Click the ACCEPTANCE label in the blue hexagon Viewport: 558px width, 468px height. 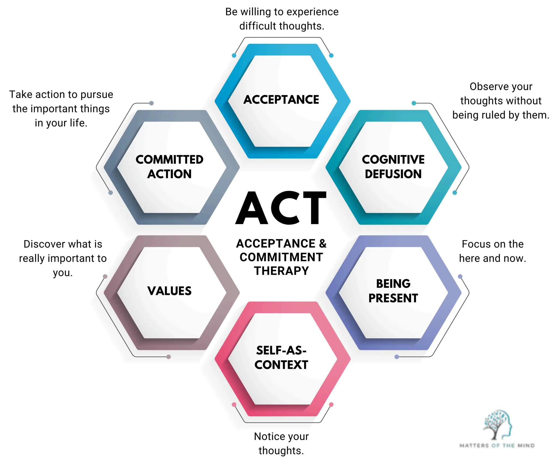click(x=281, y=100)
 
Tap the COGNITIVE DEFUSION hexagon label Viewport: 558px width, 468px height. click(x=393, y=167)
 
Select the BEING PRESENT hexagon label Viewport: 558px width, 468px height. click(x=393, y=291)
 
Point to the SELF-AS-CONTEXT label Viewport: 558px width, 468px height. click(x=281, y=357)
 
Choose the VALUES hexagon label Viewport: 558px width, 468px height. click(x=169, y=291)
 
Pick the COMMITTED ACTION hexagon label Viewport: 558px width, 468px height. click(x=169, y=167)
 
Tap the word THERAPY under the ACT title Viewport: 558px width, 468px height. click(x=281, y=271)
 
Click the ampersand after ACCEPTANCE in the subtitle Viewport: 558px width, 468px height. click(x=323, y=243)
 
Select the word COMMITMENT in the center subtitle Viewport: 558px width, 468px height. click(x=281, y=257)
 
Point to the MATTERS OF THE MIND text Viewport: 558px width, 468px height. click(x=497, y=446)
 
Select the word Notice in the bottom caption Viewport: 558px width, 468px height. click(x=267, y=436)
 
